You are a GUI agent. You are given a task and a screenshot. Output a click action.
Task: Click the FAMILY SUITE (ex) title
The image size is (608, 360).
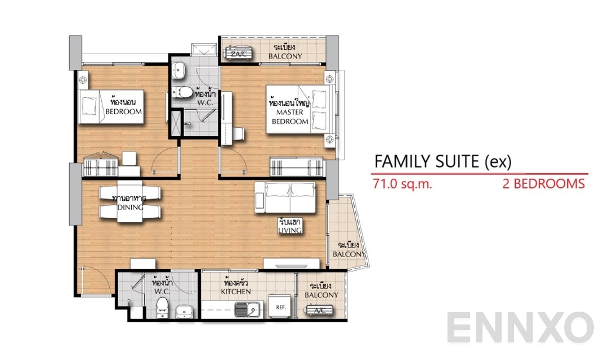click(x=442, y=162)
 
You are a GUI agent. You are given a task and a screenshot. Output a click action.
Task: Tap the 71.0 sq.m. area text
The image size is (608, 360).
click(x=402, y=184)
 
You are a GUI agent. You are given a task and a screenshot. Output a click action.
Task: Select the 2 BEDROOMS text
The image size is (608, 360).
click(x=543, y=184)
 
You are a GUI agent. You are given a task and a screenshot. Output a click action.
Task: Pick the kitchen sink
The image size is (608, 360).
click(x=247, y=309)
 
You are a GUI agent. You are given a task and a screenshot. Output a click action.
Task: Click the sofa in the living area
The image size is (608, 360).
click(x=284, y=197)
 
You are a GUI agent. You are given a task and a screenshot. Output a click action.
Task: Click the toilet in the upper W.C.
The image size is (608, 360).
click(x=183, y=92)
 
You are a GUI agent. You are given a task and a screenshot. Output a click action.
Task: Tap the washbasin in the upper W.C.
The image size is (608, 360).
click(x=179, y=70)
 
